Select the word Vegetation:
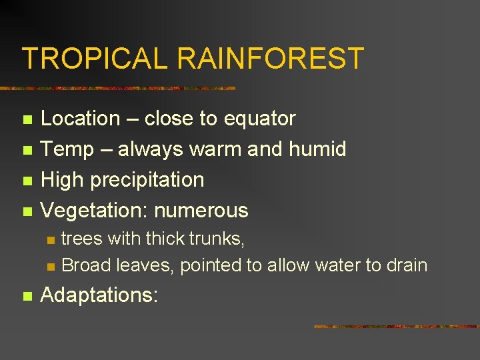point(95,211)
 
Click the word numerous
point(201,211)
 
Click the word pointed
point(211,266)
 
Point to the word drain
point(405,265)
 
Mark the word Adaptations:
point(99,295)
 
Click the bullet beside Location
point(27,120)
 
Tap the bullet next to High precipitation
point(27,181)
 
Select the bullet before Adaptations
point(27,296)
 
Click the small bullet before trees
point(49,240)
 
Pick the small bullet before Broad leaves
point(49,267)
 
